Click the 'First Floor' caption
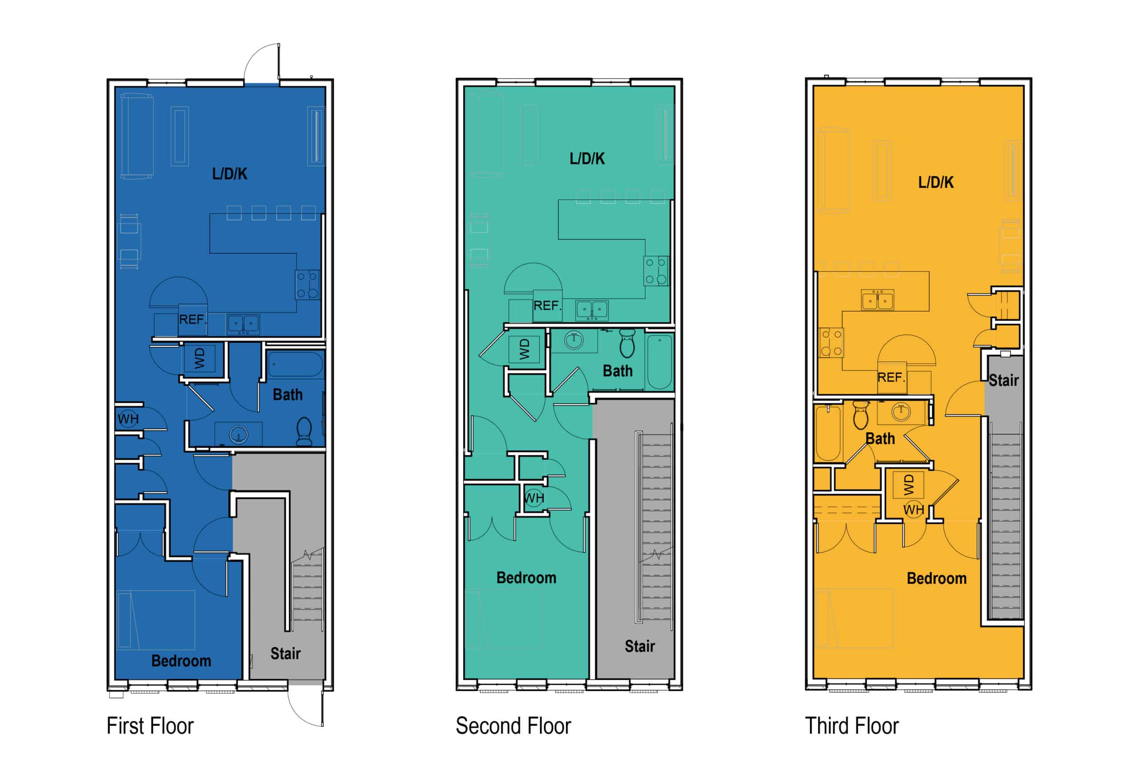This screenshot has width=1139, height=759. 150,726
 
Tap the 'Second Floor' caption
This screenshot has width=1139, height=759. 513,726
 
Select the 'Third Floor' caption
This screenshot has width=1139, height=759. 852,726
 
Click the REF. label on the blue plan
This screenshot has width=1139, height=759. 193,320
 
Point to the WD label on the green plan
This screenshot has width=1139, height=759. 525,349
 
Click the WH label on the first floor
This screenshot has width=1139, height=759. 128,419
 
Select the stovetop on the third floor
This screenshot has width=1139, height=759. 831,343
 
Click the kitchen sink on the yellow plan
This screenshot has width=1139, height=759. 877,300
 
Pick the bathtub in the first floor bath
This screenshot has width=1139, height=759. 295,365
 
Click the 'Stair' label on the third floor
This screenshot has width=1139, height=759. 1003,381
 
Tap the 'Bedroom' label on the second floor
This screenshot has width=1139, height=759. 526,578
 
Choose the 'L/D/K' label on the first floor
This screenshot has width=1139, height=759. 230,174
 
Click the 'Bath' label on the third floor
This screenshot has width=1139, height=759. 880,438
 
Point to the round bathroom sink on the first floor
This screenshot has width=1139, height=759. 238,435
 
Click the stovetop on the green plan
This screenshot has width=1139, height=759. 656,271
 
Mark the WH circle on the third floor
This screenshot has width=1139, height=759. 913,509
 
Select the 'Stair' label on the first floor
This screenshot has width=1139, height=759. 285,654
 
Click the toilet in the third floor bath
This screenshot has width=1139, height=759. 860,415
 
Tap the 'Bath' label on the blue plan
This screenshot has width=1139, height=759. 288,394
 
